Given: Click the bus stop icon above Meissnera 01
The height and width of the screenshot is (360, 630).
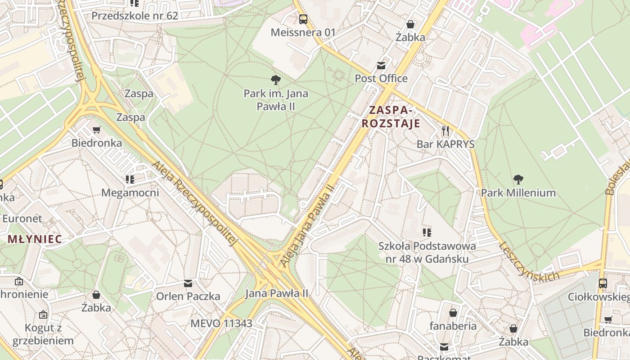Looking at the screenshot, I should point(303,19).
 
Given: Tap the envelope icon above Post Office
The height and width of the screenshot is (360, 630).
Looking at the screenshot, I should point(381,66).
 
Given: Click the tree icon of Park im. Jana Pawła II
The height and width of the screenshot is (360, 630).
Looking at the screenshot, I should point(276,81).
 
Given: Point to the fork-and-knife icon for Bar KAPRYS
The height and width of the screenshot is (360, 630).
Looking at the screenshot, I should point(445,131).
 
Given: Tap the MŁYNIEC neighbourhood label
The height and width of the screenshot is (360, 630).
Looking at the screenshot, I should point(35,239).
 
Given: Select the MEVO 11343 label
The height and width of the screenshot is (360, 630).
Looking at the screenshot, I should point(221,323).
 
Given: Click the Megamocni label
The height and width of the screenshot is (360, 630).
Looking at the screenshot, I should point(130,193).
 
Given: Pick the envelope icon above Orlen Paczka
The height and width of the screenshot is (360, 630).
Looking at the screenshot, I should point(188,283).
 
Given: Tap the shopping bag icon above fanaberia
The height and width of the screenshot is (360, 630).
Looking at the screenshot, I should point(453,313).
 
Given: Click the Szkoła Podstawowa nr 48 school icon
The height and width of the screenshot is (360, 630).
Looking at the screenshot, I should point(427,233).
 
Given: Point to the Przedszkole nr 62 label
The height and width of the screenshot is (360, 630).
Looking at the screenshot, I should point(135,16).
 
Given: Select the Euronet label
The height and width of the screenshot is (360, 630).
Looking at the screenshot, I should point(22,219).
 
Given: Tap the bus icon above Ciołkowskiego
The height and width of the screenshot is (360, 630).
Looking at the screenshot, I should point(603,283).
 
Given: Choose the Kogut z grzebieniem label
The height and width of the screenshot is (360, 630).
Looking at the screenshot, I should point(43,334).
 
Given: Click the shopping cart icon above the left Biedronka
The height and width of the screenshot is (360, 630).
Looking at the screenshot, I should point(96,130).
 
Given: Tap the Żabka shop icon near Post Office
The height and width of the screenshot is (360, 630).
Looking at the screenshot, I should point(410,24).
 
